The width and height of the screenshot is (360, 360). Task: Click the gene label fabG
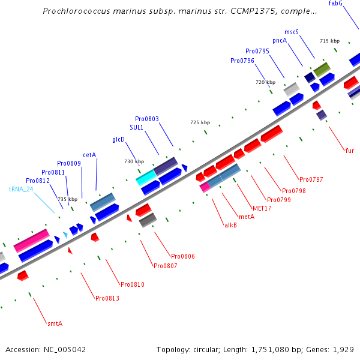pos(352,4)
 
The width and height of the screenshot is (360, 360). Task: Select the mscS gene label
pos(292,32)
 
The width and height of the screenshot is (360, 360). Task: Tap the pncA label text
pos(280,41)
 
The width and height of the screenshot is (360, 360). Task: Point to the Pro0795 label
pos(257,52)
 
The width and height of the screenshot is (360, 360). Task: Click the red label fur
pos(349,151)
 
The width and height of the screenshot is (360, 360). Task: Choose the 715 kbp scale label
pos(329,41)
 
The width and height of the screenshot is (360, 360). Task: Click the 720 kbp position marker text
pos(265,82)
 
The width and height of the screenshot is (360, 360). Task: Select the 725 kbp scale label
pos(200,122)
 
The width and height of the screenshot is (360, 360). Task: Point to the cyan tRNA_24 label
pos(21,189)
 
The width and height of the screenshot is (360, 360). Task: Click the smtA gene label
pos(55,324)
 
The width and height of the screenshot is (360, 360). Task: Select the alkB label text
pos(231,226)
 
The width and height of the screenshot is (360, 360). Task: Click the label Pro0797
pos(311,180)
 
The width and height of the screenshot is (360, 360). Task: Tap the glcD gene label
pos(118,140)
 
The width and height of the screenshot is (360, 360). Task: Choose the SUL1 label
pos(137,128)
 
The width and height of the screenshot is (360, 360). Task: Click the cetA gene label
pos(89,155)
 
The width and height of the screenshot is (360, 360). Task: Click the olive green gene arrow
pos(322,69)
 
